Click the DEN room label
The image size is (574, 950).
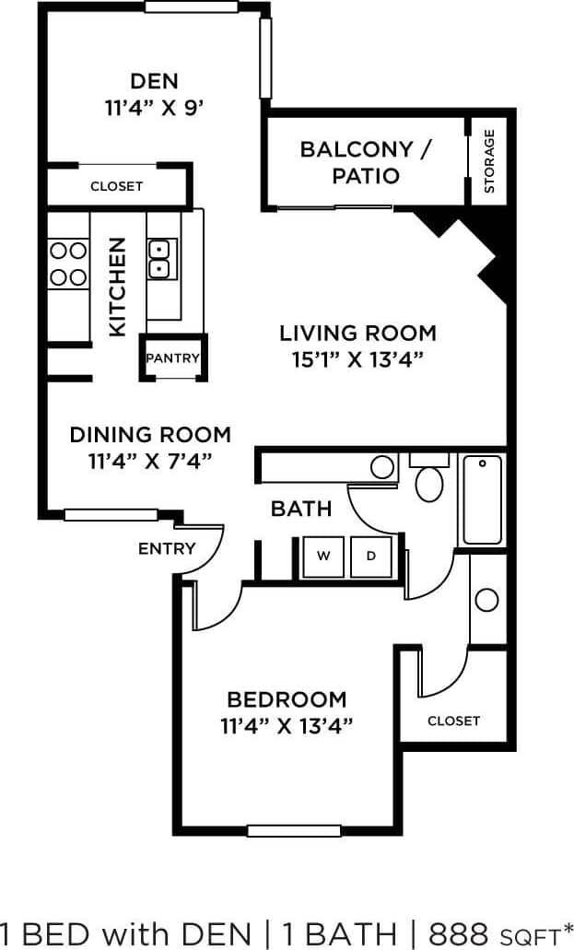(x=154, y=80)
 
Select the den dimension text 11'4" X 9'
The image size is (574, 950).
(x=154, y=107)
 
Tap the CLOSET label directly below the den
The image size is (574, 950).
(x=117, y=186)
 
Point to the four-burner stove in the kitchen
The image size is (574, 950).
(x=68, y=264)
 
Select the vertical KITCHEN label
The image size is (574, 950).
(x=118, y=287)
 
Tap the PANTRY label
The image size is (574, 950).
(x=172, y=358)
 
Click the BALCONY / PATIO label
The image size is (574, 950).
(x=366, y=162)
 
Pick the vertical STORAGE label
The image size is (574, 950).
(x=489, y=161)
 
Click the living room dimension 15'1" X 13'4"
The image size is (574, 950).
(x=357, y=359)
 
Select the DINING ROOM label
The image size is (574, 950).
(x=150, y=434)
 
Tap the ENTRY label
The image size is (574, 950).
(x=167, y=548)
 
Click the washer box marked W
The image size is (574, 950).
(x=323, y=556)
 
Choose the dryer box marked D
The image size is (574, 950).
(x=371, y=556)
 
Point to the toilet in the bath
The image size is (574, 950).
(x=429, y=479)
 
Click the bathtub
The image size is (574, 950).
(x=482, y=499)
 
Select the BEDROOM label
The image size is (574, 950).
(x=287, y=699)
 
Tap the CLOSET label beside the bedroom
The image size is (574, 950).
(x=453, y=721)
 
